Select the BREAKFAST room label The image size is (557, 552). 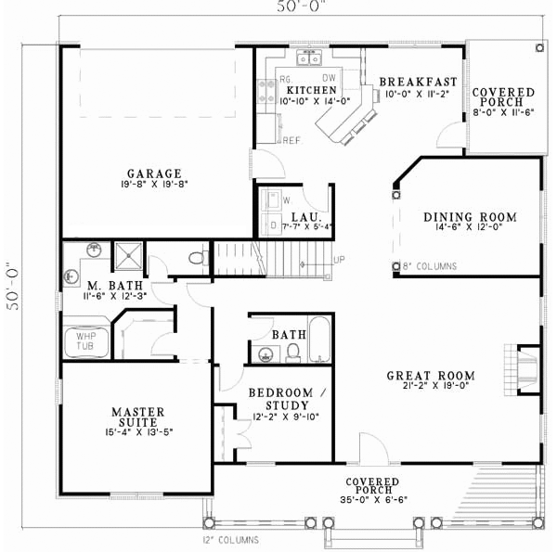point(413,81)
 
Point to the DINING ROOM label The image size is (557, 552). point(463,216)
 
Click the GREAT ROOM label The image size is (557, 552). point(431,376)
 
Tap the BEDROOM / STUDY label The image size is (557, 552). point(288,393)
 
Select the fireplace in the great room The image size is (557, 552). point(526,365)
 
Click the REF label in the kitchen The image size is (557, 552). point(291,140)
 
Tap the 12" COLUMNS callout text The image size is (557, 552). point(228,540)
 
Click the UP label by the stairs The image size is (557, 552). point(339,260)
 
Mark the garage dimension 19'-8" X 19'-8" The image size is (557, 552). point(154,184)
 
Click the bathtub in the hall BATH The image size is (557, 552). point(318,340)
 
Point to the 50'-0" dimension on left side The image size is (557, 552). point(14,276)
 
